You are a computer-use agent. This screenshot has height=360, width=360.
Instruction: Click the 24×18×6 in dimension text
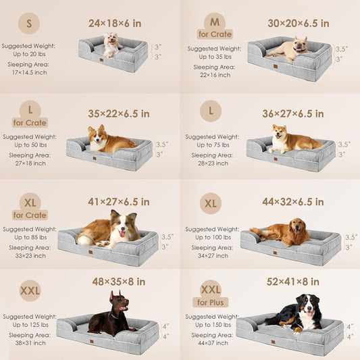(x=115, y=23)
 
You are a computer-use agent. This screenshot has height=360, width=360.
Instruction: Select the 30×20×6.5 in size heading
(x=298, y=23)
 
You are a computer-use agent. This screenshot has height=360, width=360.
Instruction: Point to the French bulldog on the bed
(x=294, y=49)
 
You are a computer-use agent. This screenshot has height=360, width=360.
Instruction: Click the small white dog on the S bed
(x=111, y=44)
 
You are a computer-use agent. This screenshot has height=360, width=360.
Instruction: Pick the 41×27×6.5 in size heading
(x=119, y=201)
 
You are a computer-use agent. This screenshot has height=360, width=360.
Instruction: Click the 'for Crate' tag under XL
(x=28, y=215)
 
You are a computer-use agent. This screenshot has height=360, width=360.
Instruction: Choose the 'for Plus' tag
(x=210, y=302)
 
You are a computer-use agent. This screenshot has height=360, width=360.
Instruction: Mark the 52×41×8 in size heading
(x=292, y=281)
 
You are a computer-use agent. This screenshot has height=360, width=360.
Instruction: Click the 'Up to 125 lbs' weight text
(x=28, y=326)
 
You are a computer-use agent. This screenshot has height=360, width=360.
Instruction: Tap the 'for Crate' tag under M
(x=215, y=34)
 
